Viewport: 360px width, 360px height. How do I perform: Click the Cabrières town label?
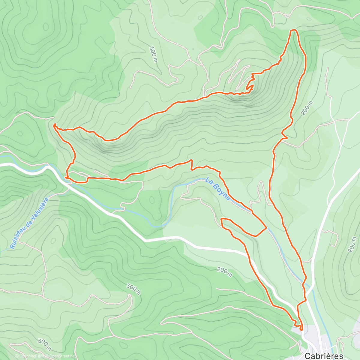[324, 355]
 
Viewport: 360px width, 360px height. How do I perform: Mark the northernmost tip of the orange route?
[293, 30]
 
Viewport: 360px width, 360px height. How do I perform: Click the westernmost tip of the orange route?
[54, 124]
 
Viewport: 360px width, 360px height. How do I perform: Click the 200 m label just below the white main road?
[224, 272]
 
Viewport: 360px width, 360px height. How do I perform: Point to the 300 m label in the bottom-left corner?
[44, 345]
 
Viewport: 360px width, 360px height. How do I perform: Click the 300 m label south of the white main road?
[134, 289]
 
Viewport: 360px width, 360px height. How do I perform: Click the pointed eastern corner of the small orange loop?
[266, 228]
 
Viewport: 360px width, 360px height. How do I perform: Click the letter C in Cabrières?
[307, 355]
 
